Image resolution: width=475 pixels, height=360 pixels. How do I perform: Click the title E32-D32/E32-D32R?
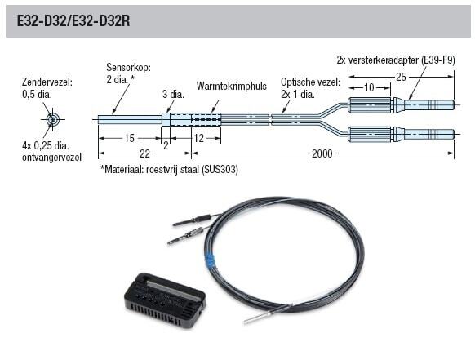click(73, 21)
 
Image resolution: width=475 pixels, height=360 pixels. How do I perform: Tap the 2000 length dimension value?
click(322, 153)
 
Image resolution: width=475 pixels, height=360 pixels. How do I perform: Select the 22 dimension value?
click(144, 154)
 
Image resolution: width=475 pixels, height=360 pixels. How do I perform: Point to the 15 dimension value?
click(129, 139)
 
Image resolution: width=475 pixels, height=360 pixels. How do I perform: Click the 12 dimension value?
click(198, 139)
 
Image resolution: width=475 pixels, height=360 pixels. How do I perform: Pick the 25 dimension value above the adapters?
click(401, 77)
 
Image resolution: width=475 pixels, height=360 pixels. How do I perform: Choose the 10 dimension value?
click(369, 88)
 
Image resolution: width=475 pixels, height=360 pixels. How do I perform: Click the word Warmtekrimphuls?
click(232, 86)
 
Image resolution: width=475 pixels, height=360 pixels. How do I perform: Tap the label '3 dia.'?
click(173, 94)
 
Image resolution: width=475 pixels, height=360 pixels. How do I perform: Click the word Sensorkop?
click(128, 67)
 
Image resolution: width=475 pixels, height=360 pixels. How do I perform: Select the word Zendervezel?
click(47, 82)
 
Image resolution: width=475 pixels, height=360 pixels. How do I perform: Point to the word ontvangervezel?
click(51, 158)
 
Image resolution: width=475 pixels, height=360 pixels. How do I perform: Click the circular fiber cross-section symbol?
click(53, 119)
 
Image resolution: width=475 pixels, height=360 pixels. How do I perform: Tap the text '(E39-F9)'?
click(437, 60)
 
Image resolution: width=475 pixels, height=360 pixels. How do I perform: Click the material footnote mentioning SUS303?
click(169, 169)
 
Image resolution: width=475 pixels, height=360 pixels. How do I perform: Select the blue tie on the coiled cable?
click(210, 260)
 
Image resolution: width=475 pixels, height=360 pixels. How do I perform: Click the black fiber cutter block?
click(166, 300)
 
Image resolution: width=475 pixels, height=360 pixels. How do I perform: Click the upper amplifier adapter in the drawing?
click(401, 105)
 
